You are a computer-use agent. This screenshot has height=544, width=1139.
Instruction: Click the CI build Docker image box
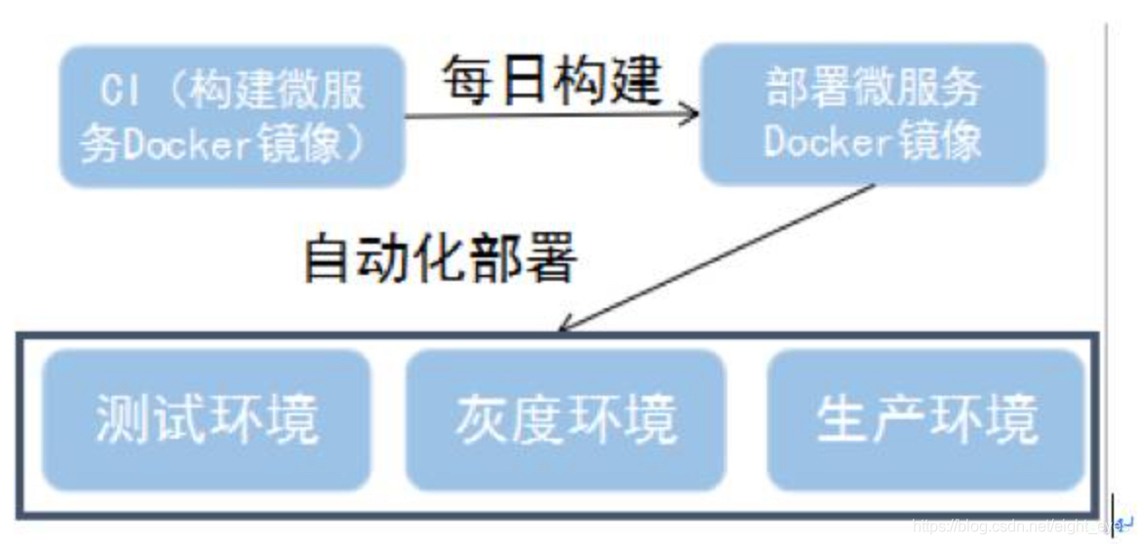point(232,117)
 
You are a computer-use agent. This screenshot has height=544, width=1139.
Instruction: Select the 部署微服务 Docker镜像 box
point(873,114)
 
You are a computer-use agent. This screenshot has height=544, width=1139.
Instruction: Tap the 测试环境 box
point(207,419)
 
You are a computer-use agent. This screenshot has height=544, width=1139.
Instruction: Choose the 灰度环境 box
point(566,419)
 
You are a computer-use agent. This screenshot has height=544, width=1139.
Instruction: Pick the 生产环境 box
point(925,419)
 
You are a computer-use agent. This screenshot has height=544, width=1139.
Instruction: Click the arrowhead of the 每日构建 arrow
point(690,114)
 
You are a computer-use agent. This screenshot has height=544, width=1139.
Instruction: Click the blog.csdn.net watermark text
point(1014,526)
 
